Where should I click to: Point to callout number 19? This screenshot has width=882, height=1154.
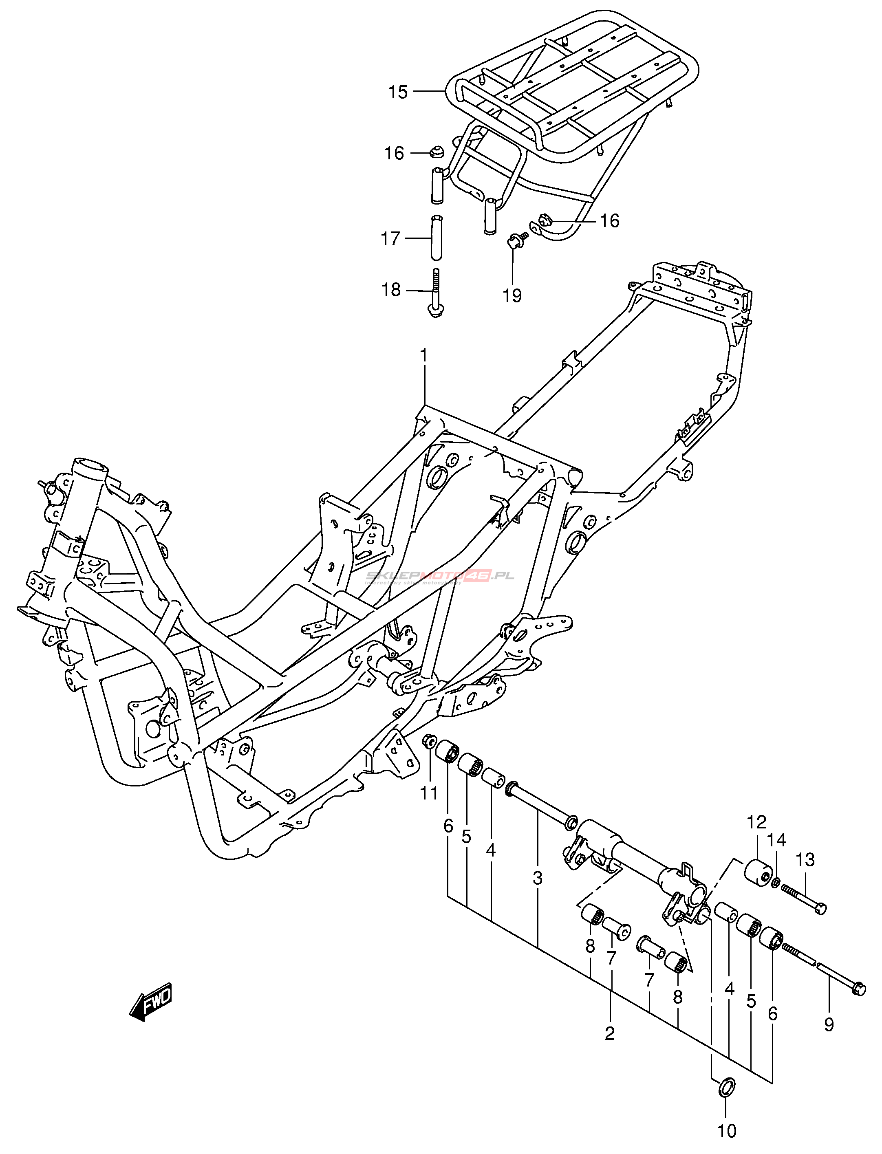point(512,295)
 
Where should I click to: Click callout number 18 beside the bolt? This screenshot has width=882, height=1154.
point(391,290)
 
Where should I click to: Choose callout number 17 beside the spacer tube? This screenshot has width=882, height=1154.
point(390,239)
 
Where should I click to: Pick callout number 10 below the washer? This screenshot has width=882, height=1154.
point(727,1130)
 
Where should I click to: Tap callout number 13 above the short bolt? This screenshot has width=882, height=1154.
point(805,860)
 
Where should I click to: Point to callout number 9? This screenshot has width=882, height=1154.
point(829,1024)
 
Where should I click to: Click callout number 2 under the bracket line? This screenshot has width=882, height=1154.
point(609,1033)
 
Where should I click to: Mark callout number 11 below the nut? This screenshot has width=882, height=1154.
point(429,793)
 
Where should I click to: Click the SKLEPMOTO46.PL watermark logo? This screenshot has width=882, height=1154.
point(440,576)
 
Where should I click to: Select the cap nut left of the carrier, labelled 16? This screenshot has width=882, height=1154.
point(436,152)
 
